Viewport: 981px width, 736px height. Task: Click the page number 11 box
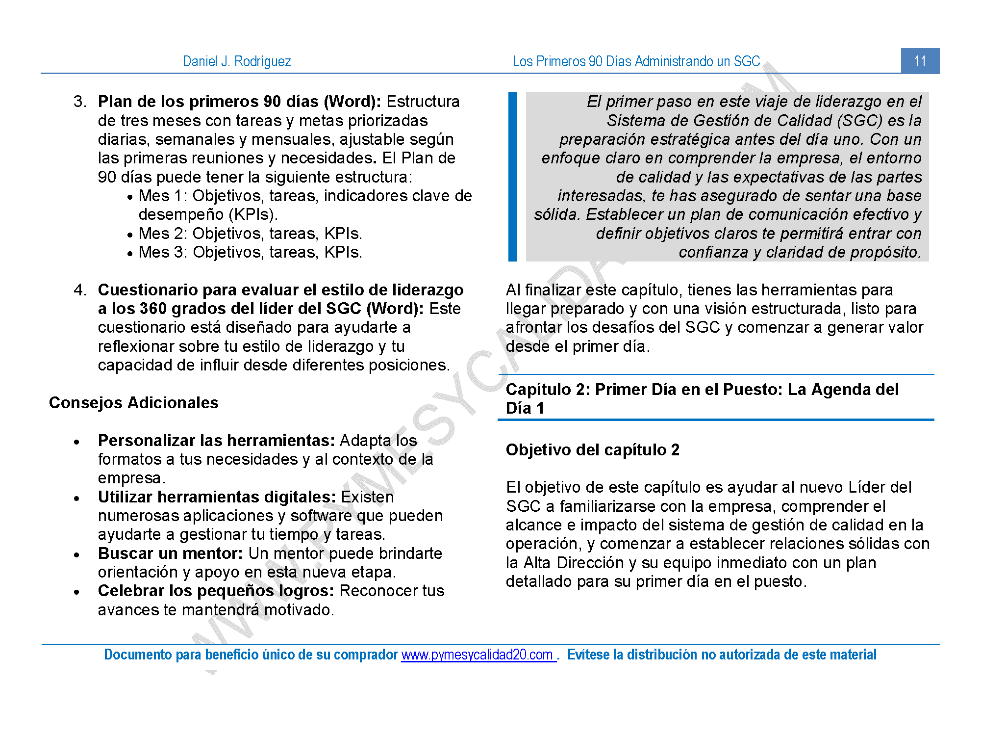[920, 61]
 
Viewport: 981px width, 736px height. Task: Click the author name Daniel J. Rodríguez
[237, 61]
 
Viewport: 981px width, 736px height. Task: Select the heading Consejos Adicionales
[133, 402]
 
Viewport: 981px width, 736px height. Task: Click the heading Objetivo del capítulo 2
[592, 449]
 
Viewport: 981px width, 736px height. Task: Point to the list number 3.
[79, 102]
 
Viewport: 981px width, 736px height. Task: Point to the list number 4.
[79, 289]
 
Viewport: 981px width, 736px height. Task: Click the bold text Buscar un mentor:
[170, 553]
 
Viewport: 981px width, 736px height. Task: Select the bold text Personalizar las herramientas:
[216, 440]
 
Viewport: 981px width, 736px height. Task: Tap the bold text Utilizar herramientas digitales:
[217, 497]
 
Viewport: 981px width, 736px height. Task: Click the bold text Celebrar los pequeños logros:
[216, 590]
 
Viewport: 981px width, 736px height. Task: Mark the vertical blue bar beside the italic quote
[513, 177]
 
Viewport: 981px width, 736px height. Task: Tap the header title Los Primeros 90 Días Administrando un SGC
[636, 61]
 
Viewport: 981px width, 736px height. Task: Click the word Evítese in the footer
[589, 655]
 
